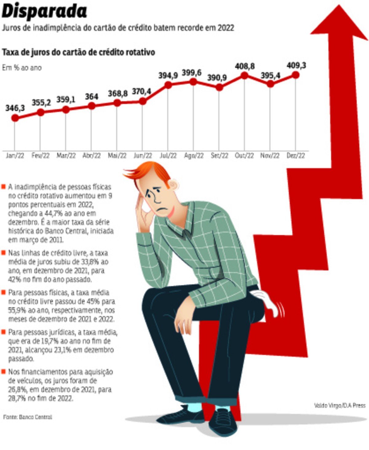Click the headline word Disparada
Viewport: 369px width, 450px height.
(x=45, y=12)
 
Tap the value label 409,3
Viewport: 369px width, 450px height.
(x=296, y=65)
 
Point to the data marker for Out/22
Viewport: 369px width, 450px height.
(x=244, y=75)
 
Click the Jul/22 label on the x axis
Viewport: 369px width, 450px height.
(x=168, y=156)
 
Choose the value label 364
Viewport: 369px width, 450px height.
(x=92, y=97)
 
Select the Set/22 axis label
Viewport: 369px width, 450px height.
(x=219, y=156)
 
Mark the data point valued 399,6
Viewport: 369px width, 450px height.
(x=193, y=82)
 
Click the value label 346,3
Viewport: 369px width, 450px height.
(x=15, y=108)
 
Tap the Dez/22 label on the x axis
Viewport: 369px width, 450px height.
(x=296, y=156)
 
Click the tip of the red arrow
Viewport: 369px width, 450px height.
(x=339, y=7)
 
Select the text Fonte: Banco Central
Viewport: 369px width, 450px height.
(x=28, y=417)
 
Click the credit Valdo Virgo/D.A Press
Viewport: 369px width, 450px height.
(x=339, y=405)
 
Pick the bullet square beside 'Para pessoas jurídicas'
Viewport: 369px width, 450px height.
(x=3, y=332)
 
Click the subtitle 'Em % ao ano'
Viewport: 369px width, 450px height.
(x=22, y=68)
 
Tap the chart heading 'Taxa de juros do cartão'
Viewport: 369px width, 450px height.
(x=78, y=52)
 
